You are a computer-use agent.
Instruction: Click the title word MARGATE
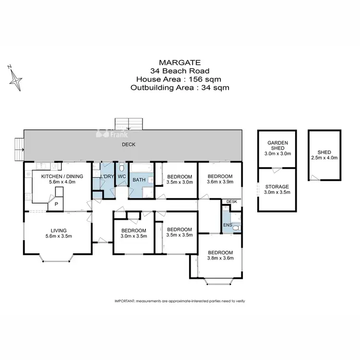coord(180,62)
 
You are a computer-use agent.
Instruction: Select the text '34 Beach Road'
coord(180,71)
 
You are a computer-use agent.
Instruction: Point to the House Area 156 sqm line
coord(180,79)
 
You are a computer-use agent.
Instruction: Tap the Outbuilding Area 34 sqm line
coord(180,88)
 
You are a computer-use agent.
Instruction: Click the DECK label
coord(128,144)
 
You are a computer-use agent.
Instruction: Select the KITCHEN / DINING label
coord(62,176)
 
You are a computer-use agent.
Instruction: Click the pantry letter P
coord(56,204)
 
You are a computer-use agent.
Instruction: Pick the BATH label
coord(139,180)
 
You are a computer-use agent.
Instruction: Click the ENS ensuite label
coord(227,225)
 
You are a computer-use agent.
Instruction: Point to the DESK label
coord(232,202)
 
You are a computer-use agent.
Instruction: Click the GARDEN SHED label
coord(277,146)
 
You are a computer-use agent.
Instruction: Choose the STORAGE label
coord(278,186)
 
